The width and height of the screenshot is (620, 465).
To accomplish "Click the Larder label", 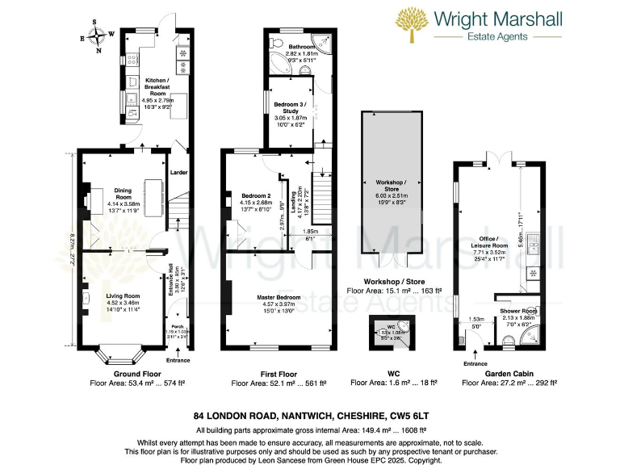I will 178,170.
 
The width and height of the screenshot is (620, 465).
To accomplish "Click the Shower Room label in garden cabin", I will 518,312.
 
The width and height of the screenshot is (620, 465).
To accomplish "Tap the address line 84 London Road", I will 309,416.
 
